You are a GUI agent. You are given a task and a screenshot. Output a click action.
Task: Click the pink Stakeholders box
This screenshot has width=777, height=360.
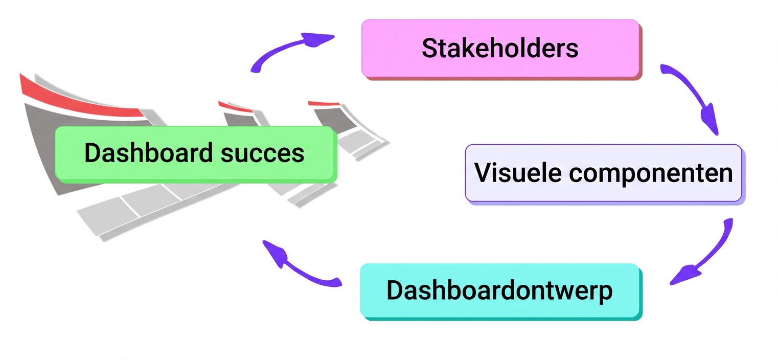[x=501, y=49]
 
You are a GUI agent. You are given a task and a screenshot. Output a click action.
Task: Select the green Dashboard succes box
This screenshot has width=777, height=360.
[x=196, y=154]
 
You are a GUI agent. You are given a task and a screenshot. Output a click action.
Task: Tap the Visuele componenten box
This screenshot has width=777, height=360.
[x=604, y=173]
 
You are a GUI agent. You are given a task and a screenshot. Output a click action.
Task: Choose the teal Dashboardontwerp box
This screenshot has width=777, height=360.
[x=501, y=291]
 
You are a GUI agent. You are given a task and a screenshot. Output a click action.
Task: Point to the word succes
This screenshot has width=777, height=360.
[x=263, y=154]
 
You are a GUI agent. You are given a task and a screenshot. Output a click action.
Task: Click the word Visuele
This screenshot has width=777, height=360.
[x=518, y=172]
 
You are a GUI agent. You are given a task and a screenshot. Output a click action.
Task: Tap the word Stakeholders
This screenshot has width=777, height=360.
[x=500, y=48]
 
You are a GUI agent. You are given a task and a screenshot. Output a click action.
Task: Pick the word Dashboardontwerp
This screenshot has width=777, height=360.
[x=499, y=291]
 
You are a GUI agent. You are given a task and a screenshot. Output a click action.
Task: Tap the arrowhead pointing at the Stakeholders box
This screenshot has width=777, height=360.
[x=316, y=39]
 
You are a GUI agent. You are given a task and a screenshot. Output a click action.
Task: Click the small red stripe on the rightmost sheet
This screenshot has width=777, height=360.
[x=324, y=103]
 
